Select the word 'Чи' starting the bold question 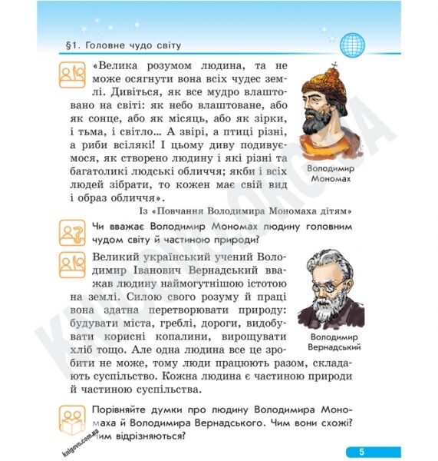pos(97,227)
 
